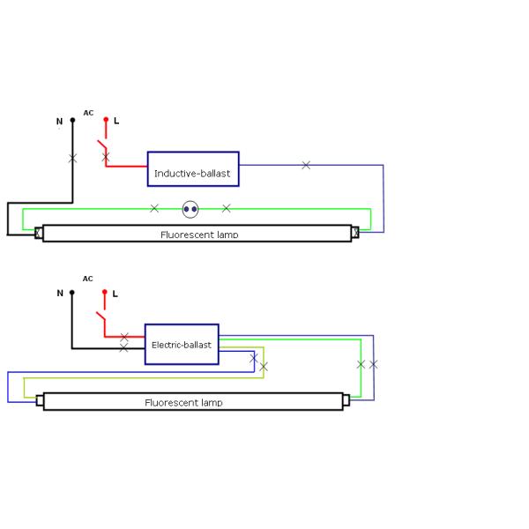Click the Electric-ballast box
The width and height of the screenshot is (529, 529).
[182, 344]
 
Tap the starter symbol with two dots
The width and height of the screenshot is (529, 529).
[190, 209]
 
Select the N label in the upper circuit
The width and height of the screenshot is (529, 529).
[60, 121]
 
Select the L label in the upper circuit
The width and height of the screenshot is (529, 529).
[116, 120]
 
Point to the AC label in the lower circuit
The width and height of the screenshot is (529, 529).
[87, 279]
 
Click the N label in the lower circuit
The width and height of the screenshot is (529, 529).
[60, 294]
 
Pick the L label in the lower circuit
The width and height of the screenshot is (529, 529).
[115, 293]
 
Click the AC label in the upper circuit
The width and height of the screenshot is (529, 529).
[88, 113]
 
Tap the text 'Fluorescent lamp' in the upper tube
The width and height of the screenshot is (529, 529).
[199, 235]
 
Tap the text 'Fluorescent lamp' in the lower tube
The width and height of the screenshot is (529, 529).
[183, 403]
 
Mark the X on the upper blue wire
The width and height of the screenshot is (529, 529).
[306, 165]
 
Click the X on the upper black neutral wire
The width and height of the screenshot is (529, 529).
[72, 159]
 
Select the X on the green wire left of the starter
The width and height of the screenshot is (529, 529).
[154, 208]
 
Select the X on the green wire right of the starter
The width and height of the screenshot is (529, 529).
[227, 208]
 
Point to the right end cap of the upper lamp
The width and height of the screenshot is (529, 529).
[355, 233]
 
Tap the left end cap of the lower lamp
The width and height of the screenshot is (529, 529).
[40, 400]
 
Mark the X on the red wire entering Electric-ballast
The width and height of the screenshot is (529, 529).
[124, 337]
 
